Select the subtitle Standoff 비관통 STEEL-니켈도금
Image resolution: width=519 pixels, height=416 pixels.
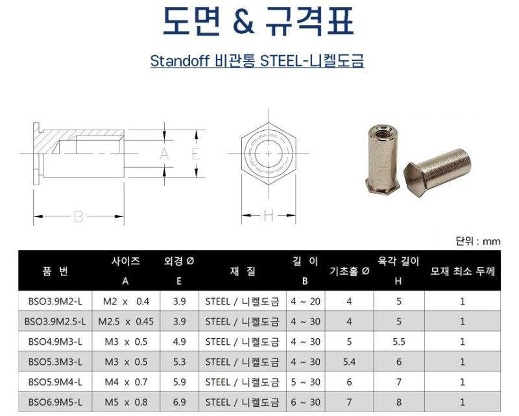257,62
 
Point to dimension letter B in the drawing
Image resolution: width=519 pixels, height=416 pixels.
78,217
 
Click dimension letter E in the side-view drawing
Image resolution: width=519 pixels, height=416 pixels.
195,154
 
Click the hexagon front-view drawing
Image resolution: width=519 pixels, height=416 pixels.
269,154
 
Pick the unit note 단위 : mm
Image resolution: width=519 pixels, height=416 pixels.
479,241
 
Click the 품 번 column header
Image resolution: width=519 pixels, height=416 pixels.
55,271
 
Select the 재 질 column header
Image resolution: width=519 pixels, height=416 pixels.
241,271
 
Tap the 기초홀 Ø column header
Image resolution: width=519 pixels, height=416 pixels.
350,271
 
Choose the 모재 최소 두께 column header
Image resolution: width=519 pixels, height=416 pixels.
462,271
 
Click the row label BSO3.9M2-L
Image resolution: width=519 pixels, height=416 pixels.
55,301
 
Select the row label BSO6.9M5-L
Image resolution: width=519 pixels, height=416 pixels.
55,402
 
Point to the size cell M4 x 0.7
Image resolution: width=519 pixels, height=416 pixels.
126,382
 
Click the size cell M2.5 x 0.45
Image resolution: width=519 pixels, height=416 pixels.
126,321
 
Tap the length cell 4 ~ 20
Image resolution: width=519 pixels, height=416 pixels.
305,301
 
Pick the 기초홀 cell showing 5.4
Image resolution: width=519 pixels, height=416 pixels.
350,362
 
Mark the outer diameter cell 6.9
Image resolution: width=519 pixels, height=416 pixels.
180,402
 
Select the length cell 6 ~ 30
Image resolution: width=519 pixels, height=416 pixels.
305,402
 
